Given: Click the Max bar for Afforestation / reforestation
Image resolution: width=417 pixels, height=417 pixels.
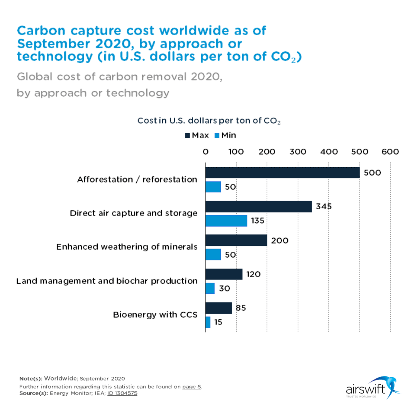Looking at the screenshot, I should [x=282, y=173].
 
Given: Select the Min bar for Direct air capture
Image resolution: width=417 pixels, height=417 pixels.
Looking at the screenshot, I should [x=226, y=221].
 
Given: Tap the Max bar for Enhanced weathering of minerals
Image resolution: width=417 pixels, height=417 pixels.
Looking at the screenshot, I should [x=236, y=240].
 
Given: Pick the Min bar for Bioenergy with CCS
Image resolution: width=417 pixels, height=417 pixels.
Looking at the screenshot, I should [x=208, y=322].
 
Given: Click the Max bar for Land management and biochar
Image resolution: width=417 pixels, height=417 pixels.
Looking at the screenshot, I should [x=224, y=274].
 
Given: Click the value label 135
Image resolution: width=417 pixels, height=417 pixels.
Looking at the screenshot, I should [x=258, y=221].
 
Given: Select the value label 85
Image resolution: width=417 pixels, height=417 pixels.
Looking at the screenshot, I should [x=241, y=308].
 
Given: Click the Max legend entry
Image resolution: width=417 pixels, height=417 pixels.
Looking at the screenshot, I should [x=197, y=136].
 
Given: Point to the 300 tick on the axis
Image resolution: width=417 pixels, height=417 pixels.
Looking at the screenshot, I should [x=298, y=152].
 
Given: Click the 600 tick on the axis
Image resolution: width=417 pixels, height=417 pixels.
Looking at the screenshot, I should [x=390, y=152].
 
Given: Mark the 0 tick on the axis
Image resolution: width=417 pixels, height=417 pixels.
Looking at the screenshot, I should [x=205, y=152].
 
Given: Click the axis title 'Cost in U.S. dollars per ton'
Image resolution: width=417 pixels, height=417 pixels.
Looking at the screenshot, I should [x=209, y=121].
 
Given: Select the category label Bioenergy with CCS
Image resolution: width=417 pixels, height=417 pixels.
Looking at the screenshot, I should [x=155, y=315].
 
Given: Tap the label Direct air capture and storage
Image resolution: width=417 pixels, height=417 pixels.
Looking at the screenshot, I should [x=134, y=213].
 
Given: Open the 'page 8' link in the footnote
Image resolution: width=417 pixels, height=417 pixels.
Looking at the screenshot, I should [x=192, y=386].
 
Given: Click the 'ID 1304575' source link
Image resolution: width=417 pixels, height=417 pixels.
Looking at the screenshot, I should [x=122, y=393].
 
